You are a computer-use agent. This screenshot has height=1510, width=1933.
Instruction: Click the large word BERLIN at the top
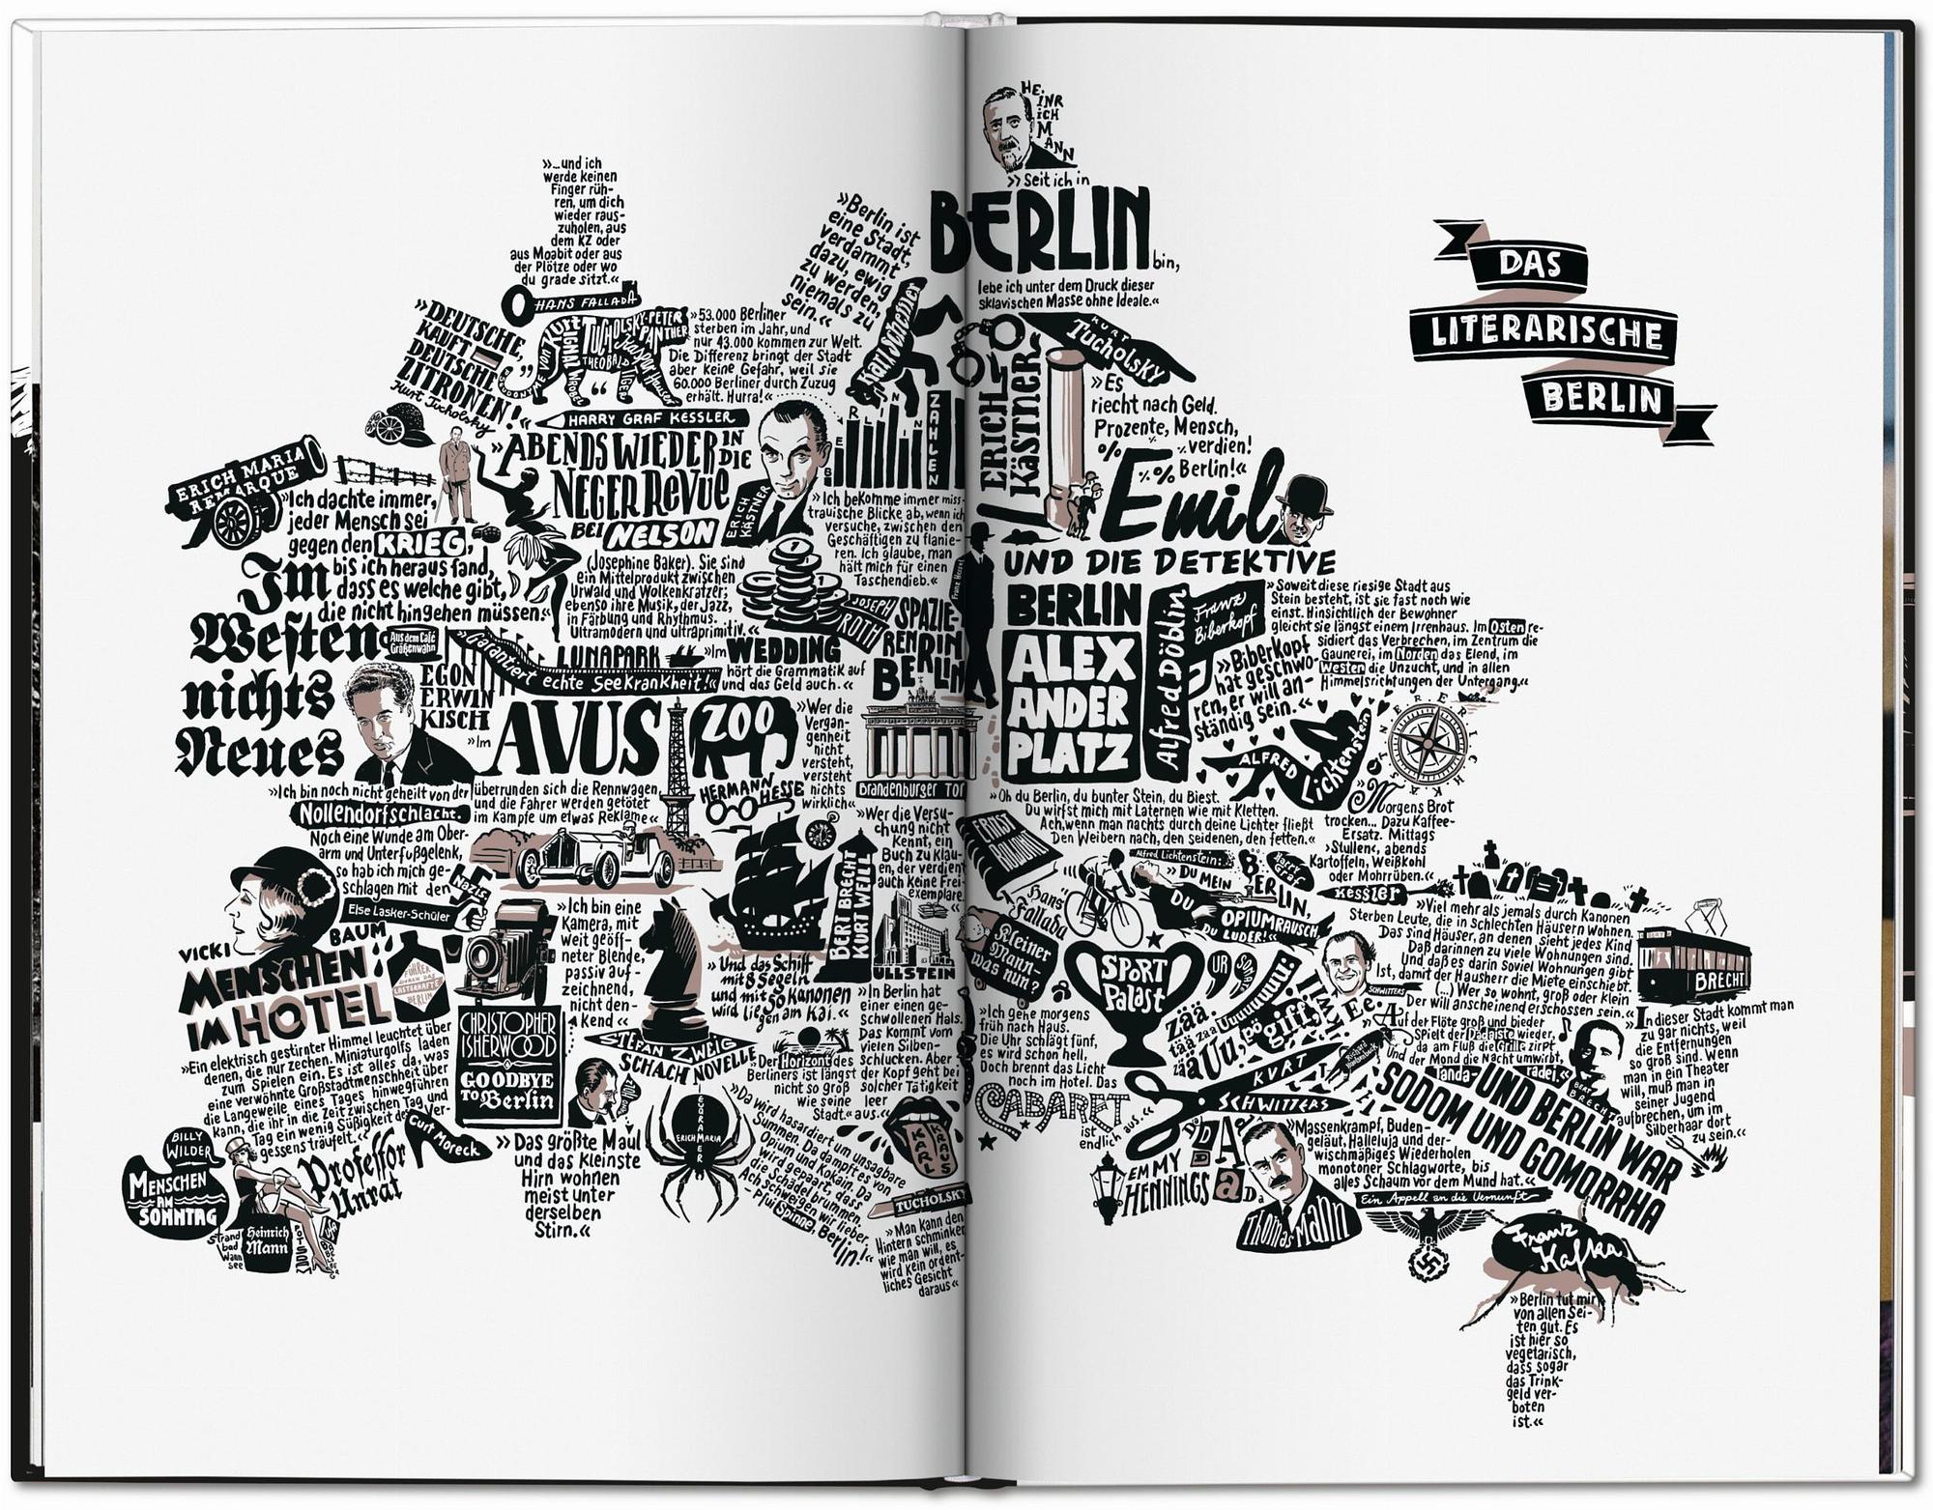click(x=1040, y=232)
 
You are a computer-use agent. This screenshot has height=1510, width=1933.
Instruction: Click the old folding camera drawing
click(x=504, y=952)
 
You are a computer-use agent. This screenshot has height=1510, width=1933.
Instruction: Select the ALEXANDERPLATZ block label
click(x=1071, y=705)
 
